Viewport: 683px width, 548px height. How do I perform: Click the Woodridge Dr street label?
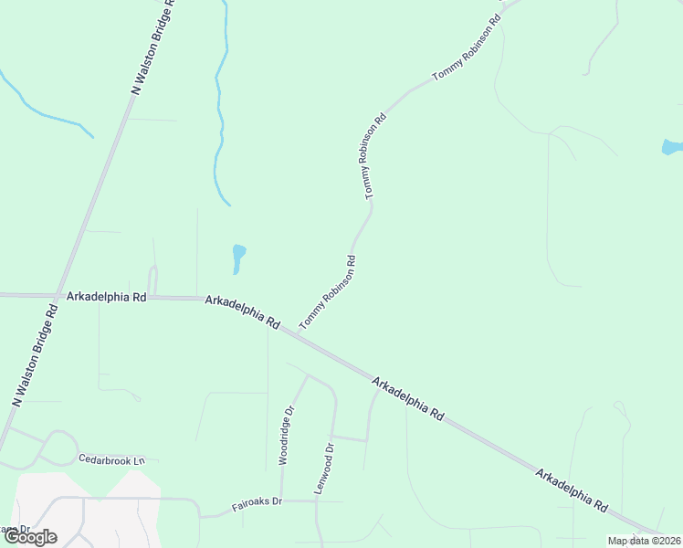pyautogui.click(x=287, y=436)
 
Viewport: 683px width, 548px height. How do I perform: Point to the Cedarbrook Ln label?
pyautogui.click(x=111, y=459)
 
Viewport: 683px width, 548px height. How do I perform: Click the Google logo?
pyautogui.click(x=29, y=537)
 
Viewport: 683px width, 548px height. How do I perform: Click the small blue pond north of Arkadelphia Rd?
pyautogui.click(x=238, y=258)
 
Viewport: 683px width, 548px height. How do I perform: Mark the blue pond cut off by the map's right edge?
pyautogui.click(x=672, y=147)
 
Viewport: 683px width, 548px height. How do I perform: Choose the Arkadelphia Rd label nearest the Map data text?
pyautogui.click(x=573, y=490)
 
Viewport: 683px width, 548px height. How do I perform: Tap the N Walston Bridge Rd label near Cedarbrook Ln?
pyautogui.click(x=36, y=354)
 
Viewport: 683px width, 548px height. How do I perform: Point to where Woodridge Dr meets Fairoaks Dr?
pyautogui.click(x=281, y=501)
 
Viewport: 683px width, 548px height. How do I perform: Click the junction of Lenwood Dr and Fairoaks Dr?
pyautogui.click(x=317, y=501)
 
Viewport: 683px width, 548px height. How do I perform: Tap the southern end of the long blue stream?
pyautogui.click(x=228, y=204)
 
